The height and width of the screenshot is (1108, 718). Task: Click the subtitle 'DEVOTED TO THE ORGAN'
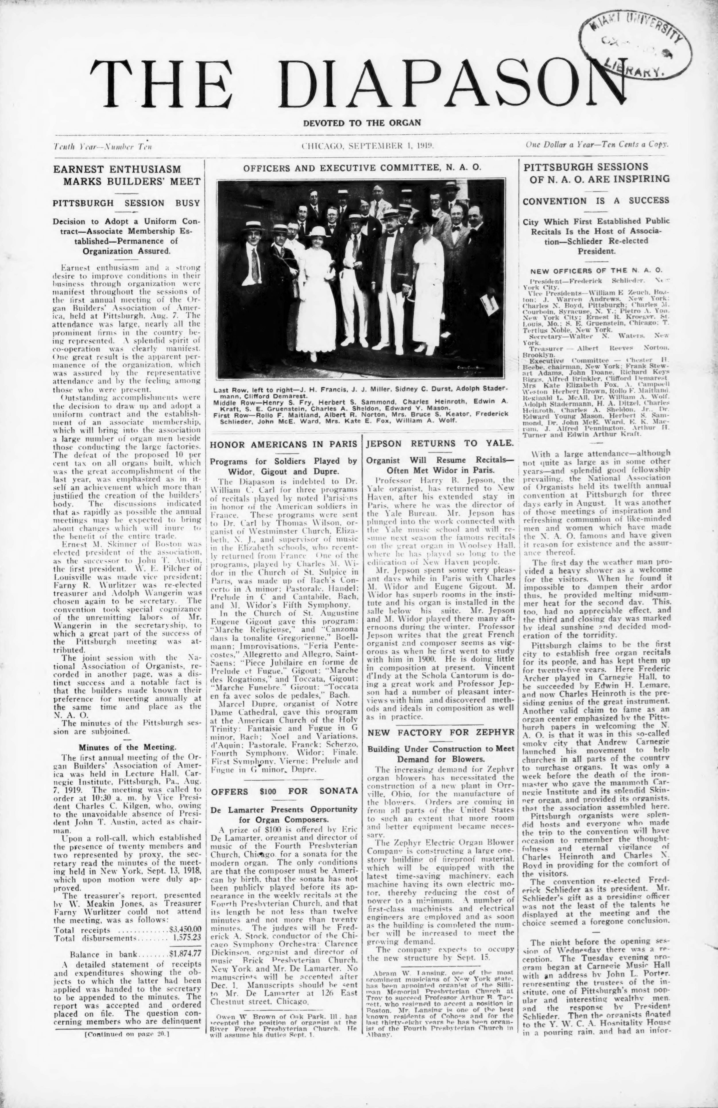tap(362, 123)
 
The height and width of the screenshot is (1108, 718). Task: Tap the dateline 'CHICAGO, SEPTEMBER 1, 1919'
tap(368, 146)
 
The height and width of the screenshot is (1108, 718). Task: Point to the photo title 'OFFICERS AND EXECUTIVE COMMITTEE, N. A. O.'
tap(362, 166)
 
